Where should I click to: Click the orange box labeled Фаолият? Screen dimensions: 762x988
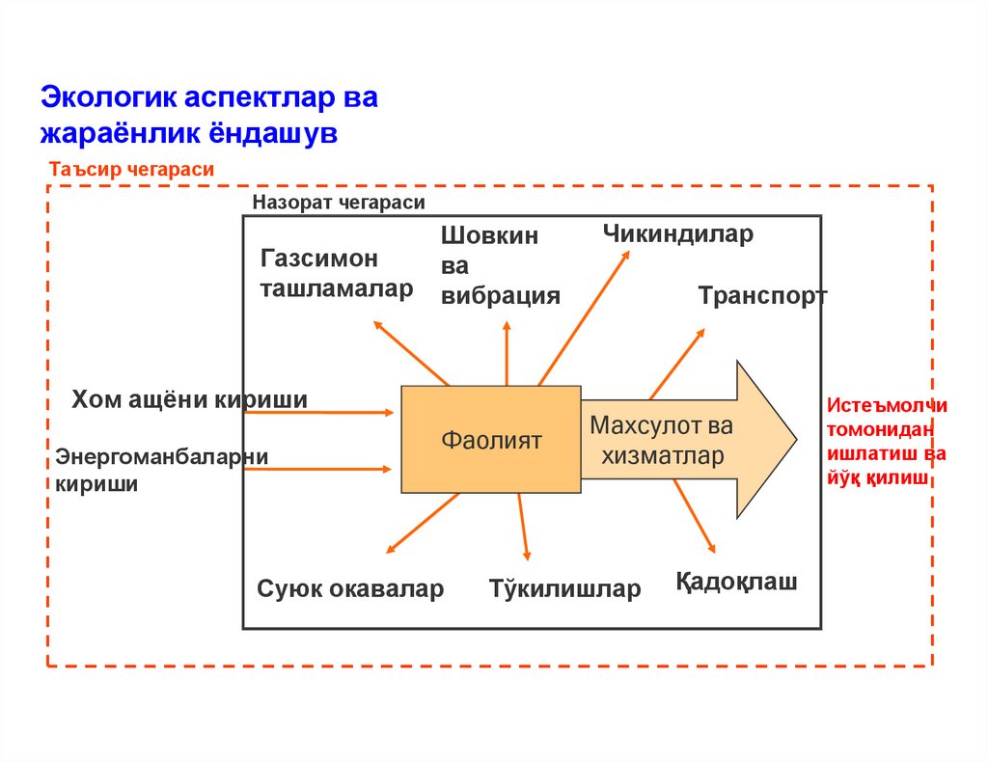coord(491,440)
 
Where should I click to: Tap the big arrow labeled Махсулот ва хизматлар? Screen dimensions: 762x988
coord(675,440)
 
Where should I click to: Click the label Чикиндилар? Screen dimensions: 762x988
coord(677,233)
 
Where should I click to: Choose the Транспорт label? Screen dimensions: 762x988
coord(762,295)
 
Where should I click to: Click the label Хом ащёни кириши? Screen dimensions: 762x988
coord(189,399)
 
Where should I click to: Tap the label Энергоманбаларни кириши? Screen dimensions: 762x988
coord(161,469)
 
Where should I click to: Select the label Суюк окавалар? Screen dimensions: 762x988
coord(350,588)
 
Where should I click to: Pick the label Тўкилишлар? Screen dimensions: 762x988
coord(564,588)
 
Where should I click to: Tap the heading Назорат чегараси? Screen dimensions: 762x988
coord(338,203)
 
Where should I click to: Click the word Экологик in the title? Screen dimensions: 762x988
coord(106,98)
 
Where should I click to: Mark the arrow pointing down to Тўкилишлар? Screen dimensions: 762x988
coord(523,527)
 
